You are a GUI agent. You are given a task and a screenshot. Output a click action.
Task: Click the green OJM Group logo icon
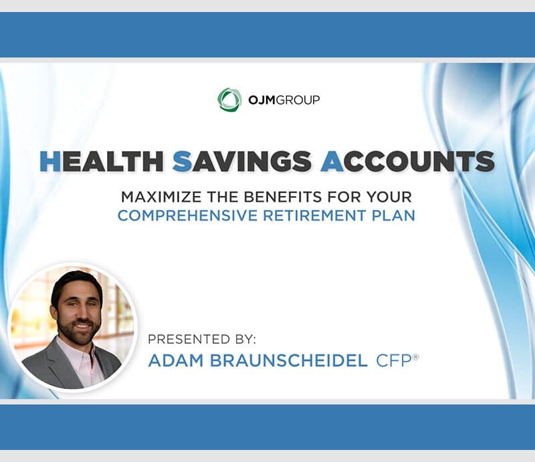[229, 100]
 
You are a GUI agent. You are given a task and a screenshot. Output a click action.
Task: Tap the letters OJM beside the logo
[261, 100]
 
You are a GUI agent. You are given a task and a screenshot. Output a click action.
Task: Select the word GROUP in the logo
[298, 100]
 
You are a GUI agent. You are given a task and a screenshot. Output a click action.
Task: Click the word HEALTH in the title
[102, 161]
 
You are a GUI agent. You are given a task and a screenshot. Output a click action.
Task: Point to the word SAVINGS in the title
[242, 161]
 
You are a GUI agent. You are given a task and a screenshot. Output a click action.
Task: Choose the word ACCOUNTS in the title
[408, 161]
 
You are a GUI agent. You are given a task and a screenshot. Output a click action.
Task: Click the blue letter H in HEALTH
[50, 161]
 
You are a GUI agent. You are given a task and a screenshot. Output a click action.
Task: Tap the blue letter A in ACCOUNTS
[332, 161]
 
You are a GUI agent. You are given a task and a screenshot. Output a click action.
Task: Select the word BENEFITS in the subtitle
[283, 197]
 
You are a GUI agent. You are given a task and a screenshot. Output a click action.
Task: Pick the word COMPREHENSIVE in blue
[187, 216]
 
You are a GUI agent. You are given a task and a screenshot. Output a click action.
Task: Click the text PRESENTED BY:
[202, 339]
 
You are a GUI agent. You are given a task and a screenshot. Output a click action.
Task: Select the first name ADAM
[176, 360]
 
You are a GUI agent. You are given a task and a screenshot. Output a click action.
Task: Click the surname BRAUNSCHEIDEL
[289, 360]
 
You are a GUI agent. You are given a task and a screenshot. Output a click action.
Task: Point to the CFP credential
[394, 360]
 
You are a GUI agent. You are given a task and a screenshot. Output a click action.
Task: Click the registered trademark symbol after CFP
[415, 357]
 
